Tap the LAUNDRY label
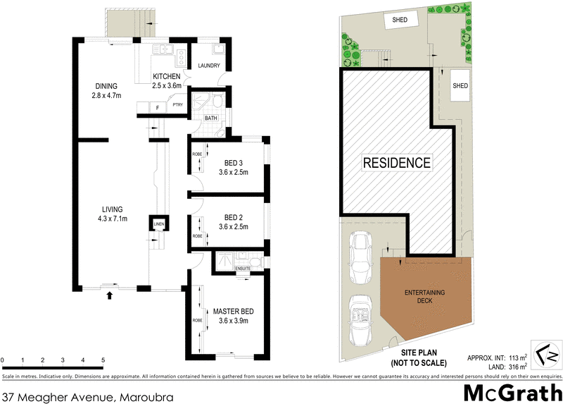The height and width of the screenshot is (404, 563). click(x=210, y=66)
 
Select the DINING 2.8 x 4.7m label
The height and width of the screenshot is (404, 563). click(x=108, y=91)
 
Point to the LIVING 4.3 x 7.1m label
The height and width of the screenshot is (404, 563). click(x=112, y=214)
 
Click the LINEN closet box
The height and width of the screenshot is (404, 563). click(x=158, y=225)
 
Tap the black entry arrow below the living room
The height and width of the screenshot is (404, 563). click(x=109, y=296)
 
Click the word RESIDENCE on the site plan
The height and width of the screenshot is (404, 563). click(x=396, y=163)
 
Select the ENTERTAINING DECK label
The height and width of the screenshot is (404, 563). click(x=424, y=296)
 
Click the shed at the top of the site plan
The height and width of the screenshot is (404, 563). click(x=399, y=20)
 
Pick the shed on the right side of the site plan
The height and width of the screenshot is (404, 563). click(x=460, y=86)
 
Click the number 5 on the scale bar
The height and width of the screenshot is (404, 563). click(x=103, y=360)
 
